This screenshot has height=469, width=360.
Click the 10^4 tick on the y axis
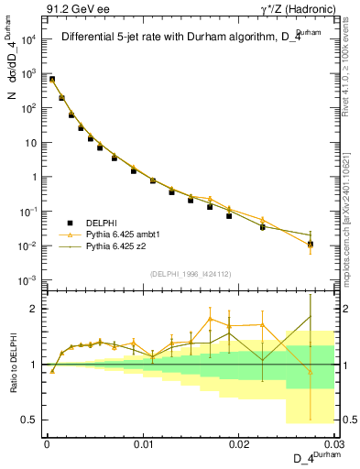[x=30, y=39]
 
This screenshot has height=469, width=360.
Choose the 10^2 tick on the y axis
[x=30, y=108]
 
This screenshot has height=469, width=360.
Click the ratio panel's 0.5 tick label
[x=29, y=420]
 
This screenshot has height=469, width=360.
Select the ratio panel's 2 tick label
[x=35, y=309]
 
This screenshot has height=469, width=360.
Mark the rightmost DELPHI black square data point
[x=311, y=244]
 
